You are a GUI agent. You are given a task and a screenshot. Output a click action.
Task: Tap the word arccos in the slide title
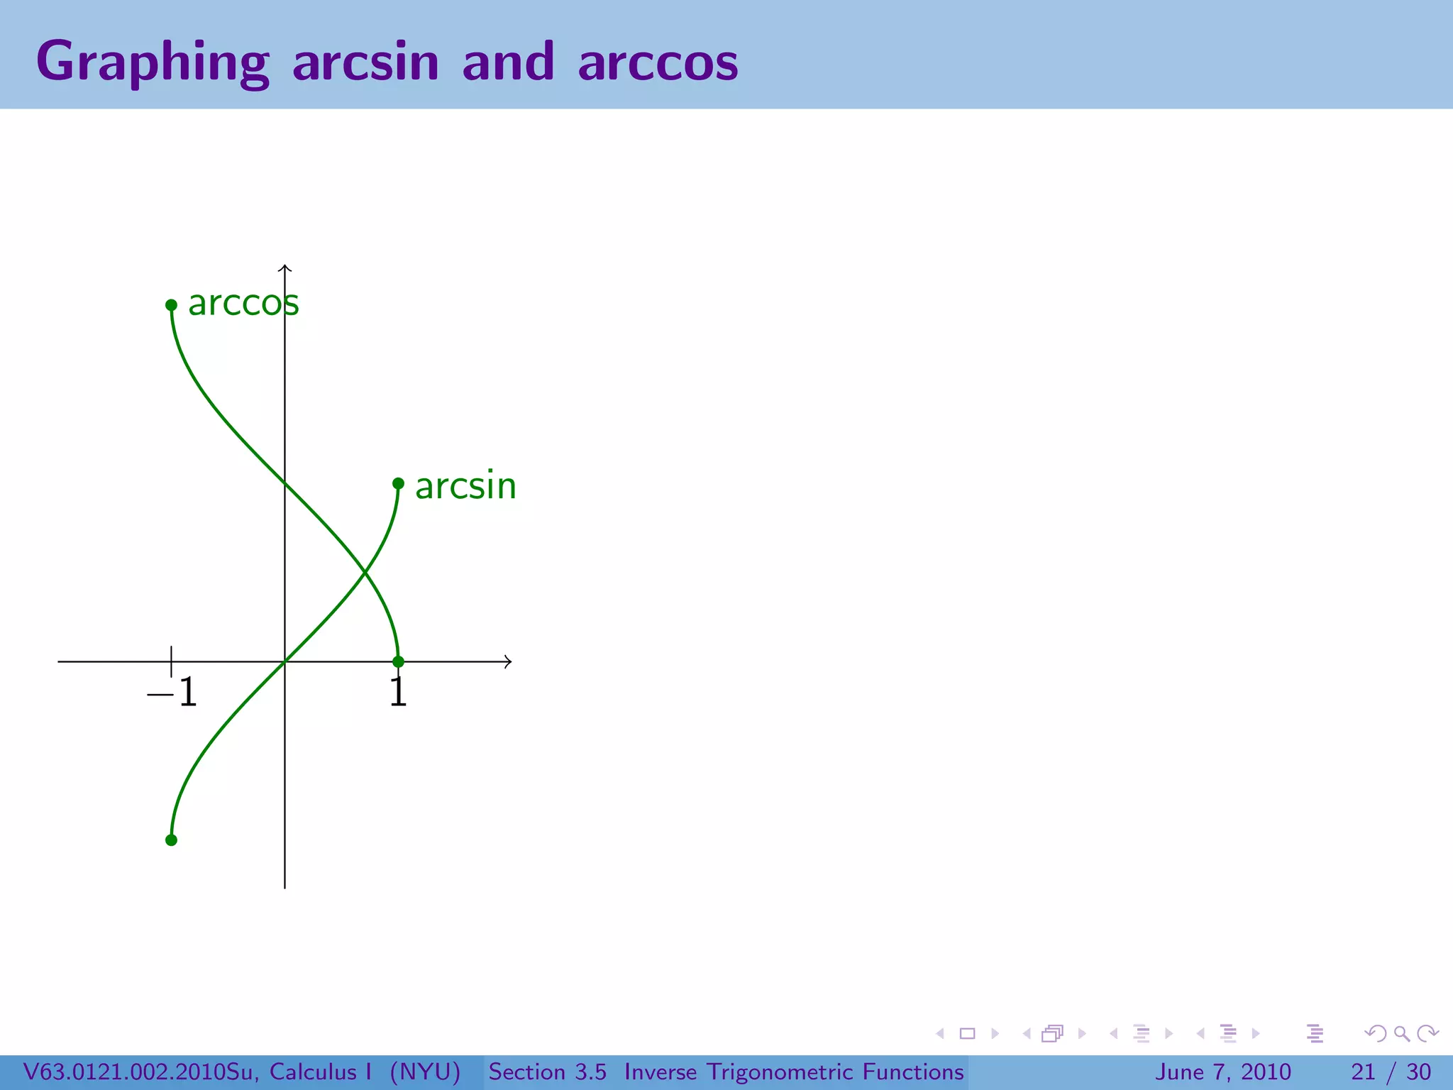[658, 62]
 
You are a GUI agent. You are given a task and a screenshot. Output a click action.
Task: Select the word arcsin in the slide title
[365, 62]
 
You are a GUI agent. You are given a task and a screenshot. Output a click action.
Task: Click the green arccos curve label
[243, 303]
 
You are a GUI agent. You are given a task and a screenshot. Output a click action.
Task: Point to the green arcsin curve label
[465, 486]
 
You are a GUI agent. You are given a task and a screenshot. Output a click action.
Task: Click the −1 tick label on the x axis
[172, 692]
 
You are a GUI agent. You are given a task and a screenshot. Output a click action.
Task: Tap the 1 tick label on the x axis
[398, 693]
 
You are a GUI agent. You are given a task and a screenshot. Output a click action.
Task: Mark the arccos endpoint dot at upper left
[171, 305]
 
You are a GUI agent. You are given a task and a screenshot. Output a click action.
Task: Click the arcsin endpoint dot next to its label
[398, 483]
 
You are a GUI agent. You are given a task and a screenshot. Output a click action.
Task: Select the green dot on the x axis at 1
[398, 661]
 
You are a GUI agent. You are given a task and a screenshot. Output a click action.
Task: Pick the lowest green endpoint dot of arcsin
[171, 840]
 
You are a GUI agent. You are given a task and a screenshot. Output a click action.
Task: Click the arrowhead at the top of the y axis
[284, 268]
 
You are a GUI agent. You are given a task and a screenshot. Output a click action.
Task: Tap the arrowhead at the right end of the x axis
[508, 661]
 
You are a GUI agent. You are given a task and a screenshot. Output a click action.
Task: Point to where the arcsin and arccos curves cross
[364, 572]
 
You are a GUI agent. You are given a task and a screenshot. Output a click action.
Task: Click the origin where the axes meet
[284, 661]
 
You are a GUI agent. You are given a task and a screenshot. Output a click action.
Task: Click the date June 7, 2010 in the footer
[1223, 1072]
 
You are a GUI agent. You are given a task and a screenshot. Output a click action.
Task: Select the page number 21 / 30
[1391, 1072]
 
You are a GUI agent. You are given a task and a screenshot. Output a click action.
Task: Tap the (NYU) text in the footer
[425, 1072]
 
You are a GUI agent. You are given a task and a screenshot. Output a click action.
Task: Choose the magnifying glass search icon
[1401, 1033]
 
